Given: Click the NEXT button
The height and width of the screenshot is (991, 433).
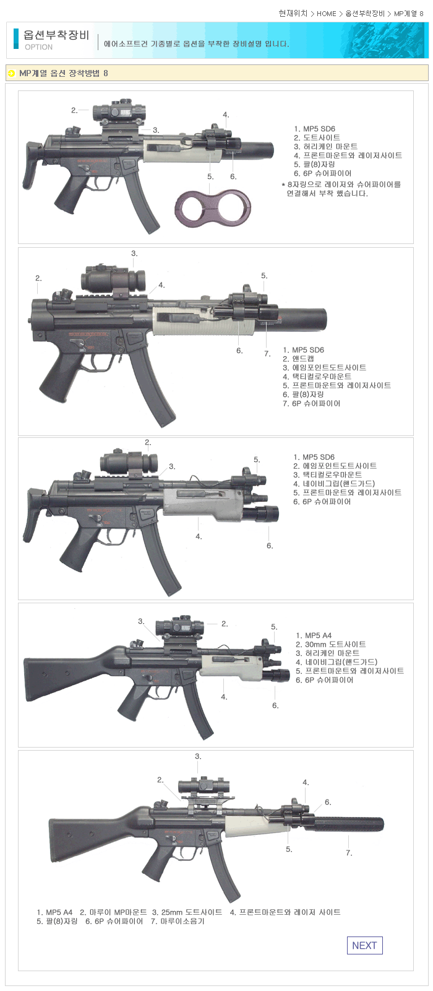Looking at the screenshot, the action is [x=364, y=945].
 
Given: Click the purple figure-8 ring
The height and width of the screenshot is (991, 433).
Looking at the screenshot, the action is [x=213, y=207].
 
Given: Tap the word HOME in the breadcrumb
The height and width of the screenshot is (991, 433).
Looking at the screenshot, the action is [x=327, y=14].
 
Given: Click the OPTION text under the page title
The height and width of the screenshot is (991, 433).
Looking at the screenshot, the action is [x=38, y=47].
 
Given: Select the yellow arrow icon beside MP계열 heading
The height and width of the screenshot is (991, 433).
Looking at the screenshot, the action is [x=12, y=73].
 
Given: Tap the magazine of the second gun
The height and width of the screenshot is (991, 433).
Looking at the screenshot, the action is [x=152, y=385].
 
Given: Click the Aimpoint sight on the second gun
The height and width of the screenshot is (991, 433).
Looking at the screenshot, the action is [x=113, y=279].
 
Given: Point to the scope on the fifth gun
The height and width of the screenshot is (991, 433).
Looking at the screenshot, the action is [x=204, y=786].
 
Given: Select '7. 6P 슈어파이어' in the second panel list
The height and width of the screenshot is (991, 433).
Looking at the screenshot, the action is [x=312, y=403].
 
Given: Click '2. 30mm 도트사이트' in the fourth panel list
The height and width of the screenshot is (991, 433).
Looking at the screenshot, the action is [x=330, y=644].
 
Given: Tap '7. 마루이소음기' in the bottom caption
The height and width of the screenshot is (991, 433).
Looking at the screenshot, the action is [x=178, y=921].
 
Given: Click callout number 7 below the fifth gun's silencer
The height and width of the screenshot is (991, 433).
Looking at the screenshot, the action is [x=349, y=853].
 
